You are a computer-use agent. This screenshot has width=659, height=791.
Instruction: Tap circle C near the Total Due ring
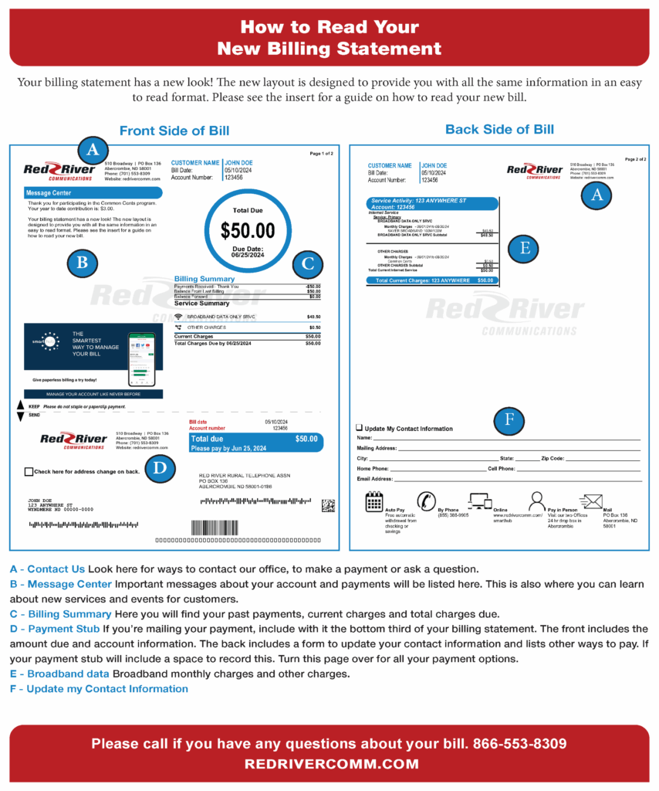(x=308, y=263)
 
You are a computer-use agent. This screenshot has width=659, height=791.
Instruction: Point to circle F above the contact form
(x=509, y=421)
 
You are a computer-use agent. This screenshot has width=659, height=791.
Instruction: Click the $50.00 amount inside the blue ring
(x=248, y=230)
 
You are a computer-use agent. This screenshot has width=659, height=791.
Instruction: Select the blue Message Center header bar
(x=93, y=192)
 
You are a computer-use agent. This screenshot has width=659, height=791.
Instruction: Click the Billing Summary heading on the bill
(x=204, y=279)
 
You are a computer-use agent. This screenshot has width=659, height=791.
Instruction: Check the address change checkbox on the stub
(x=29, y=471)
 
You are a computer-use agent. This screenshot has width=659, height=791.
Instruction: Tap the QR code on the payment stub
(x=328, y=505)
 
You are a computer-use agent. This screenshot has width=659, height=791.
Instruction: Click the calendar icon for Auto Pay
(x=374, y=501)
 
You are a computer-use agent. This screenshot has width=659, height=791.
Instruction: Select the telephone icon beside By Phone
(x=427, y=501)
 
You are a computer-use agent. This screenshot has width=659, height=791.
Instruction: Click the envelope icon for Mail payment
(x=591, y=501)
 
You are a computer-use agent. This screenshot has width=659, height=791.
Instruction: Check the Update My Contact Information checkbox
(x=360, y=427)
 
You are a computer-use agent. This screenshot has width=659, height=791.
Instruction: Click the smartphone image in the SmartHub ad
(x=140, y=359)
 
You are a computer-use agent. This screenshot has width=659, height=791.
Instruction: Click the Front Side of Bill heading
(x=174, y=131)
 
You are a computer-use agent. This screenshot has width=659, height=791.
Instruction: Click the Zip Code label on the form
(x=553, y=458)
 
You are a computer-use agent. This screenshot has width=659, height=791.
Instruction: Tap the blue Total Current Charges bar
(x=432, y=280)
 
